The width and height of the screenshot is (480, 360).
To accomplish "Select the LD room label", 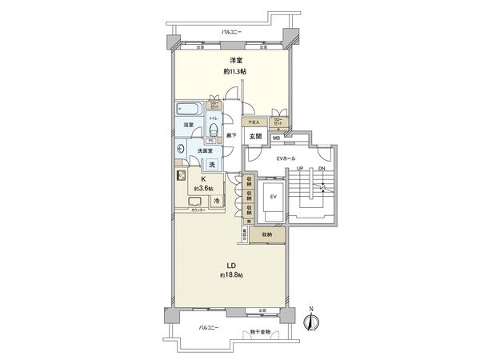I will (230, 265).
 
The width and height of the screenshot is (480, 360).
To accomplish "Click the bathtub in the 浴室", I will (189, 109).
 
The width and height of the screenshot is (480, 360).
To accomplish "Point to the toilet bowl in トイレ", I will (213, 132).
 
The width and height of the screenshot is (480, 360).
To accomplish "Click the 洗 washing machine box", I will (211, 164).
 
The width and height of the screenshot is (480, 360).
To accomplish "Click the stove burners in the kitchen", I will (181, 179).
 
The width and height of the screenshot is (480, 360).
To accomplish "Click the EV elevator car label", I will (272, 195).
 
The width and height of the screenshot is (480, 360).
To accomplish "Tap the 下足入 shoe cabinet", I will (251, 122).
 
